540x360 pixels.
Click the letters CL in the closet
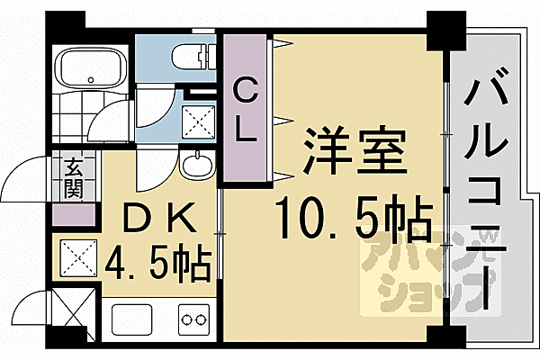coord(245,110)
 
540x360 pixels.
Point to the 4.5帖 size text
coord(158,262)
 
